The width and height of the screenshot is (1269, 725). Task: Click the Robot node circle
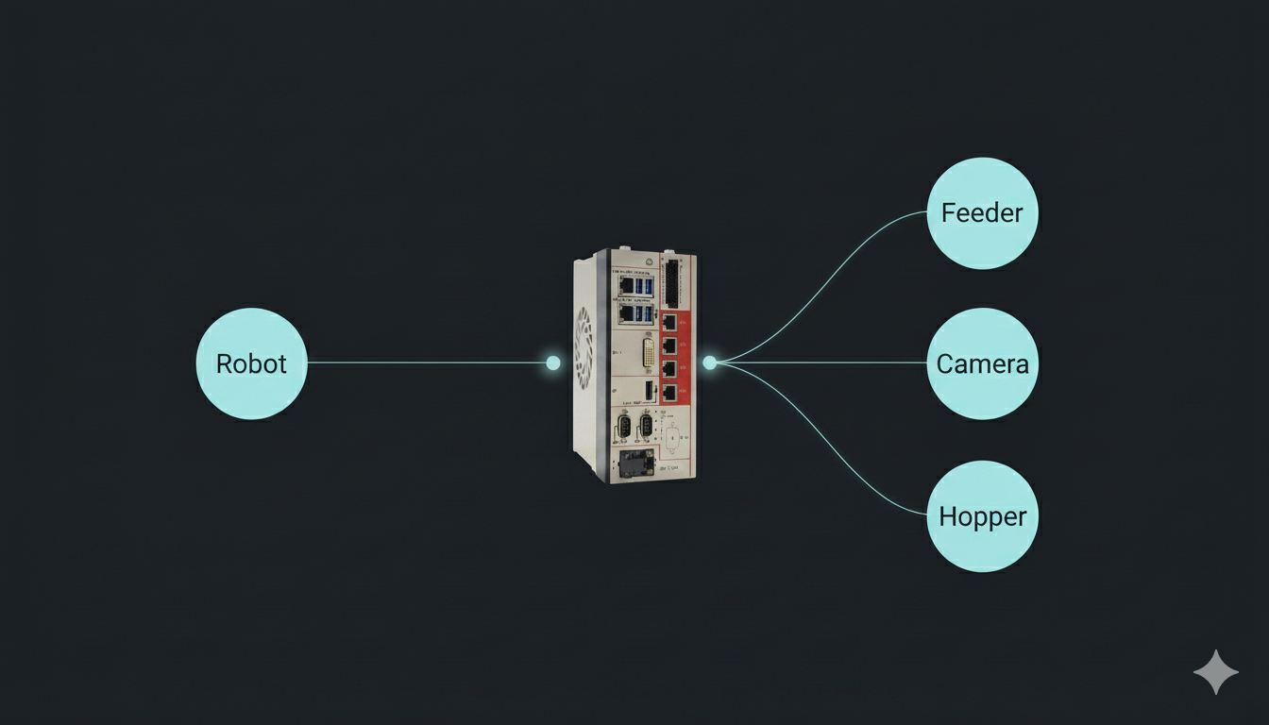[251, 363]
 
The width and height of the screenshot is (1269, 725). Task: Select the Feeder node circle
[982, 212]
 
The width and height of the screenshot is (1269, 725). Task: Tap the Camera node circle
[982, 363]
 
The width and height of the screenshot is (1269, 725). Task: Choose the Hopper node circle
[982, 516]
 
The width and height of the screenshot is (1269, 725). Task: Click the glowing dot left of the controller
[553, 362]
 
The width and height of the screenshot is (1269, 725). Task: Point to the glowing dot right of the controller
[709, 362]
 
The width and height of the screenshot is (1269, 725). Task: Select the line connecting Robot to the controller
[425, 362]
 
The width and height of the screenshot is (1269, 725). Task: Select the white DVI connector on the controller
[650, 352]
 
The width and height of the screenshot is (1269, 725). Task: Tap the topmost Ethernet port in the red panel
[669, 323]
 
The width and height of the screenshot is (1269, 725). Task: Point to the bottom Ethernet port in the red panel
[669, 391]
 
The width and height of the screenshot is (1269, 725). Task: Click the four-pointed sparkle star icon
[1216, 672]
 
